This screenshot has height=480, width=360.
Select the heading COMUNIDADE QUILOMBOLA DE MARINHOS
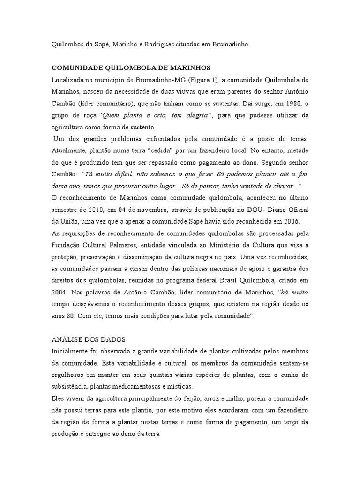131,67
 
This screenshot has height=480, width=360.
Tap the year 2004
60,292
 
